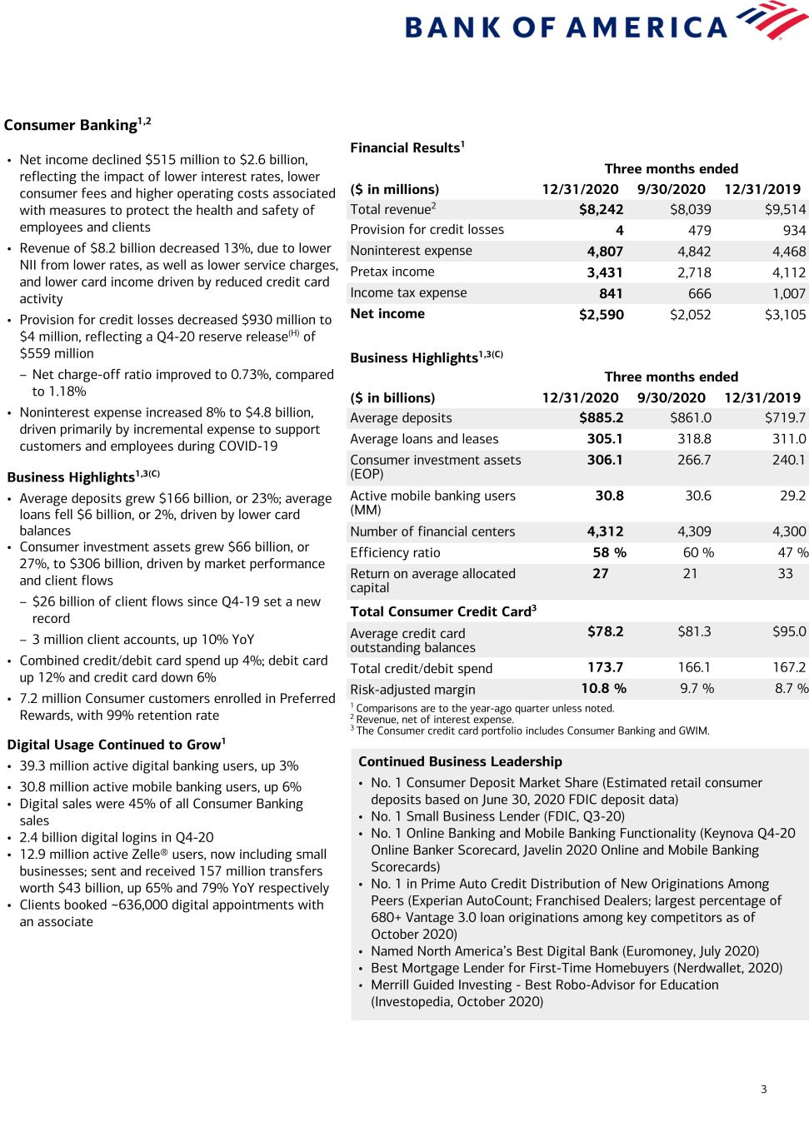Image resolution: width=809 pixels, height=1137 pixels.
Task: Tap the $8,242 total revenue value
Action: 601,210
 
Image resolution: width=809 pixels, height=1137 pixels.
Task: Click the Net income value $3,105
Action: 785,314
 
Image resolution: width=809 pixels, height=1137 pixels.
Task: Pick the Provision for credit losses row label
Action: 427,230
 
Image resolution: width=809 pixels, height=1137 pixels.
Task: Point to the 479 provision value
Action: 699,231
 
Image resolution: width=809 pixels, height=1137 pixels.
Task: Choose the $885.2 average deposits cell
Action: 601,418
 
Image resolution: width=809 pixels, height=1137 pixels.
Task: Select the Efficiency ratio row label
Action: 395,552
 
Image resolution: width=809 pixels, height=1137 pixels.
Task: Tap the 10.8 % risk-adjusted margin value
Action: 603,689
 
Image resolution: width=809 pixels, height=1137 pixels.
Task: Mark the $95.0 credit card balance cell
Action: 789,631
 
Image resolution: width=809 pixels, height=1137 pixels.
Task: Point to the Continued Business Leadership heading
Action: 460,761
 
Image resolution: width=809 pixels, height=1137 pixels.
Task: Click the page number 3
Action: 763,1089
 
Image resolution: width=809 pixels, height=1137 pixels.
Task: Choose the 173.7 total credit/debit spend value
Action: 605,667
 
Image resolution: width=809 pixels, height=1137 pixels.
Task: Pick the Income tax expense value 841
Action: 611,293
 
